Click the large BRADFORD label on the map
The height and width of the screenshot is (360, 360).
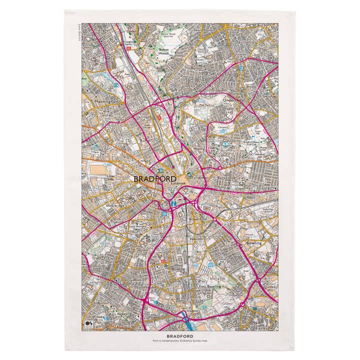pos(154,178)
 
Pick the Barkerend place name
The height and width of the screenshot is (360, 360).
pos(226,177)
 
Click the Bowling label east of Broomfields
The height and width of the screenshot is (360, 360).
pos(253,242)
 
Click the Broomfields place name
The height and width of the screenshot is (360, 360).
pos(199,219)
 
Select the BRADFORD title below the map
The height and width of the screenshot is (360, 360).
pos(179,336)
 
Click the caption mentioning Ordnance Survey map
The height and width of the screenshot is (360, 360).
pos(179,341)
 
